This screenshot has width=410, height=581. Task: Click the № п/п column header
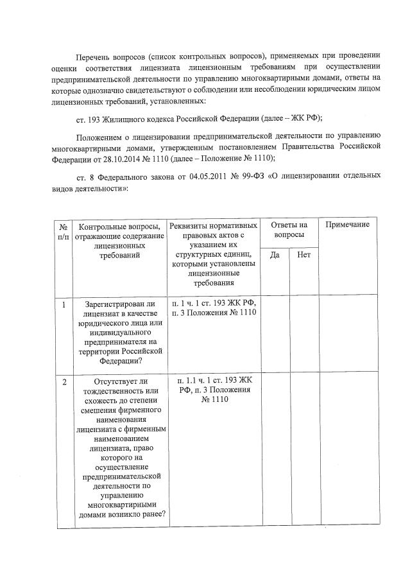(64, 232)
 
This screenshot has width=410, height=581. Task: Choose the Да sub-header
(275, 255)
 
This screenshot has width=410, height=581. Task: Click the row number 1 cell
(64, 304)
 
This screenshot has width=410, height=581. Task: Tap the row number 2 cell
(64, 383)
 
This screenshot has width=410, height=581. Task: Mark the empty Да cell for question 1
(275, 334)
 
